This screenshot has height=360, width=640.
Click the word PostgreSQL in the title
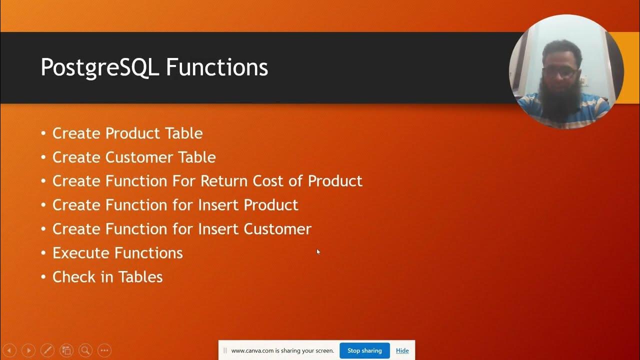click(98, 67)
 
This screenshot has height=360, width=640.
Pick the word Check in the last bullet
click(73, 277)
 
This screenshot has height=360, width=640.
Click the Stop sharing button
click(364, 350)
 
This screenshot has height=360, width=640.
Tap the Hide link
click(402, 350)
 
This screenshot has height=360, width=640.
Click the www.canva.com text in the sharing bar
click(252, 350)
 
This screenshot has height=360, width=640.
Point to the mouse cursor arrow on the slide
click(318, 252)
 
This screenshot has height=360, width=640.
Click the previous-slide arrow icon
click(9, 350)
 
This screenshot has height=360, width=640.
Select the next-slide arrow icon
click(28, 350)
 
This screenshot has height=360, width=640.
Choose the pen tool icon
click(47, 350)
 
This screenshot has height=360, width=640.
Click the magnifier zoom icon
click(85, 350)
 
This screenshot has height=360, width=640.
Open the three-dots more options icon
click(104, 350)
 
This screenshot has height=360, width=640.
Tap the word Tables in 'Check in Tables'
click(141, 277)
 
